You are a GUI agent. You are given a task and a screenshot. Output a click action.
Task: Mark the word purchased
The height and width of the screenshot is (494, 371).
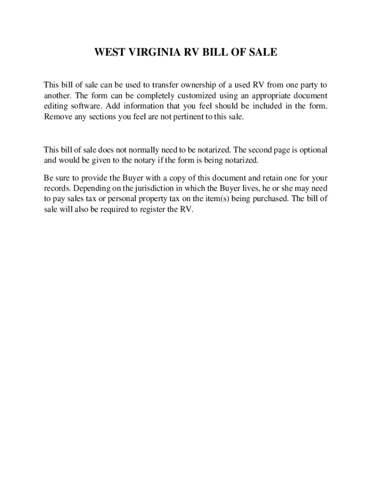[271, 198]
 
